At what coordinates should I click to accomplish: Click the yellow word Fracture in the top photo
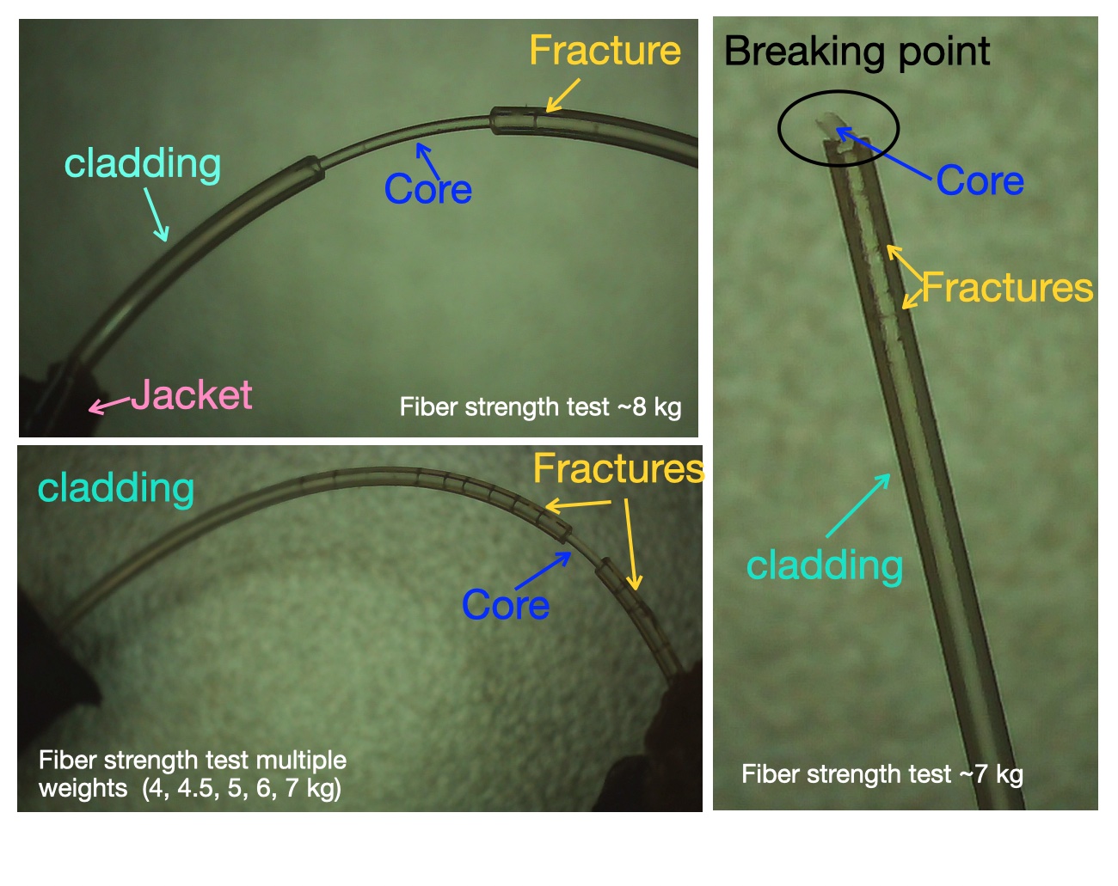[x=605, y=51]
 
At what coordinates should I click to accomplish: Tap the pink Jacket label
[x=191, y=394]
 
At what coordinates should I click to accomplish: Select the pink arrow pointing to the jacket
[x=109, y=406]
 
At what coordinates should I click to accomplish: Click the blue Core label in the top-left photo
[x=428, y=188]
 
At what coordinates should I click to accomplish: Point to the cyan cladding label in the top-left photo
[x=143, y=163]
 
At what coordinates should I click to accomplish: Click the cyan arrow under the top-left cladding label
[x=157, y=215]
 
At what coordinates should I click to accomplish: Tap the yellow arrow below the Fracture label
[x=563, y=95]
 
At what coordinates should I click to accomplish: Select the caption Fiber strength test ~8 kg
[x=540, y=407]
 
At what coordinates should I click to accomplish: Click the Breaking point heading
[x=857, y=52]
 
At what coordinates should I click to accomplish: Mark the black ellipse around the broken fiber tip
[x=838, y=91]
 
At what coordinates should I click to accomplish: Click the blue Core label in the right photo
[x=980, y=180]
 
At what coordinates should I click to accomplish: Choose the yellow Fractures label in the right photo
[x=1008, y=287]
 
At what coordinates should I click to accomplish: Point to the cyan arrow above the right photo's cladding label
[x=858, y=504]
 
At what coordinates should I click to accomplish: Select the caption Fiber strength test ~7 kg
[x=882, y=774]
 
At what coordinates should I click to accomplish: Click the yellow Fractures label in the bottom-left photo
[x=618, y=468]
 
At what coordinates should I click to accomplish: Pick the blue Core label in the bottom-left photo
[x=506, y=604]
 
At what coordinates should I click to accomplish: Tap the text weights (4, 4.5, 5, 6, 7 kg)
[x=190, y=788]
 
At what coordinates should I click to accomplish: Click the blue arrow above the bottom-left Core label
[x=544, y=571]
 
